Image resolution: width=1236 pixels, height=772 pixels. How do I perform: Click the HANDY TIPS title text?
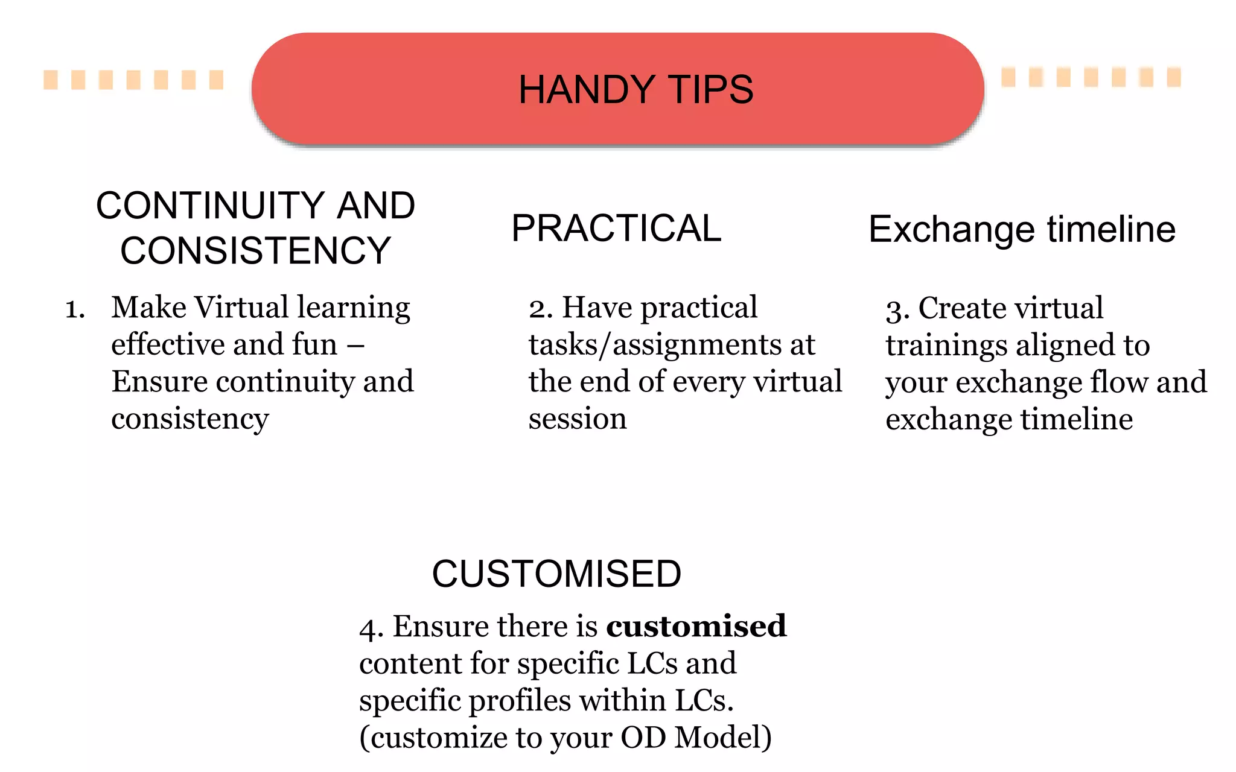coord(636,90)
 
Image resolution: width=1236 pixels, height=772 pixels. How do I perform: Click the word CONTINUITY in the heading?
coord(210,206)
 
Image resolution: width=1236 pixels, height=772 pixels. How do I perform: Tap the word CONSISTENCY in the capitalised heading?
coord(255,251)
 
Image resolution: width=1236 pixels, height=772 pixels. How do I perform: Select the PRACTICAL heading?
coord(616,229)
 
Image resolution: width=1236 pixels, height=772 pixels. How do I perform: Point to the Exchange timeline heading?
coord(1022,230)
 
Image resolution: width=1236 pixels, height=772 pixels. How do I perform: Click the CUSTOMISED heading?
coord(556,574)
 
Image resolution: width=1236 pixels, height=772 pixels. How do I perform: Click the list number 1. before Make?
coord(75,309)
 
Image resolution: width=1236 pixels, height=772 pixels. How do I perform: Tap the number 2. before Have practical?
coord(541,309)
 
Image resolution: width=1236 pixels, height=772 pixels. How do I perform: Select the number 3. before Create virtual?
coord(897,311)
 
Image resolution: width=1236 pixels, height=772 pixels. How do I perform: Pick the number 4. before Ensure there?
coord(371,628)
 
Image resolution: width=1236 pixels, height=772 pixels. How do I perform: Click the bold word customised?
coord(696,626)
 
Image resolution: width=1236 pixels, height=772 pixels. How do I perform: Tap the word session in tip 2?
coord(578,419)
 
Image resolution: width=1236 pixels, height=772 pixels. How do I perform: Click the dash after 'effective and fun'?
coord(355,346)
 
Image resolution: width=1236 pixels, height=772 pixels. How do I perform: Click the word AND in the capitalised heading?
coord(375,206)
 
